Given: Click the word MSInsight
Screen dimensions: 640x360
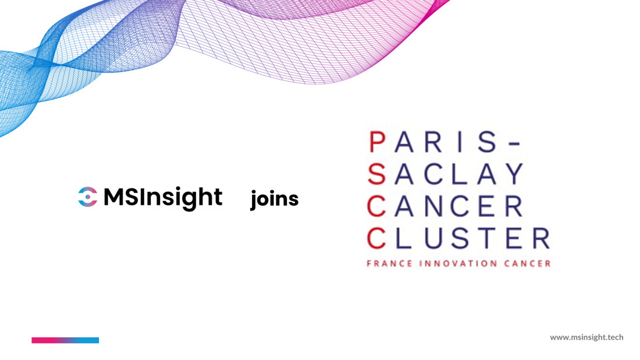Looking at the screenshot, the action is pyautogui.click(x=163, y=198).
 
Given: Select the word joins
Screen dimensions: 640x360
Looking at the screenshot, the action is pyautogui.click(x=274, y=199).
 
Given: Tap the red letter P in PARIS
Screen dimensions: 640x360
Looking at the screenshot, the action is pyautogui.click(x=377, y=142).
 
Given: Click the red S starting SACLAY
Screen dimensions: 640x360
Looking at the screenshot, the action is pyautogui.click(x=377, y=174).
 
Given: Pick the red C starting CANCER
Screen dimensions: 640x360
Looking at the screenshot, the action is pyautogui.click(x=376, y=206).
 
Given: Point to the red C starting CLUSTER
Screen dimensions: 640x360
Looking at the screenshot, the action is pyautogui.click(x=376, y=238).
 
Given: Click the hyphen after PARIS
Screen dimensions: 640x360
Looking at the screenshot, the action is pyautogui.click(x=516, y=143).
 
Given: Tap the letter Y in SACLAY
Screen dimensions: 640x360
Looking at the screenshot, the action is pyautogui.click(x=515, y=174).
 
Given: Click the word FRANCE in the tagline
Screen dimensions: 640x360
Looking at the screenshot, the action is pyautogui.click(x=384, y=263).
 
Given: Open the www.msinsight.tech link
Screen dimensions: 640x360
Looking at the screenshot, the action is pyautogui.click(x=586, y=337).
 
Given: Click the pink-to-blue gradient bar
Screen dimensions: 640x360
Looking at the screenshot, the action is pyautogui.click(x=65, y=340).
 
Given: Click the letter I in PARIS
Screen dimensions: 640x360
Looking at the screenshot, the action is pyautogui.click(x=460, y=142).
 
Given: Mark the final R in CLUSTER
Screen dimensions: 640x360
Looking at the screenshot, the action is pyautogui.click(x=541, y=238).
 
